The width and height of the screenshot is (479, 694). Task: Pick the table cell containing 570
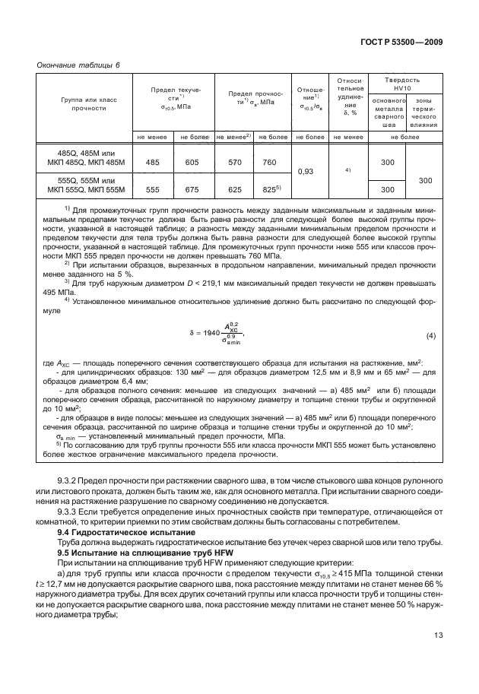pyautogui.click(x=233, y=163)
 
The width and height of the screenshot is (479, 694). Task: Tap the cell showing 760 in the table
pyautogui.click(x=269, y=163)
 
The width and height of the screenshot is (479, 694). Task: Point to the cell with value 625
pyautogui.click(x=233, y=190)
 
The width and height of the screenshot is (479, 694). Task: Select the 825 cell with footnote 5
pyautogui.click(x=271, y=189)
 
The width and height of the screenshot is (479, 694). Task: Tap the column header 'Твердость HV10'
pyautogui.click(x=402, y=84)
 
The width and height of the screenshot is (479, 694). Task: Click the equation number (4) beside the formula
pyautogui.click(x=430, y=335)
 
